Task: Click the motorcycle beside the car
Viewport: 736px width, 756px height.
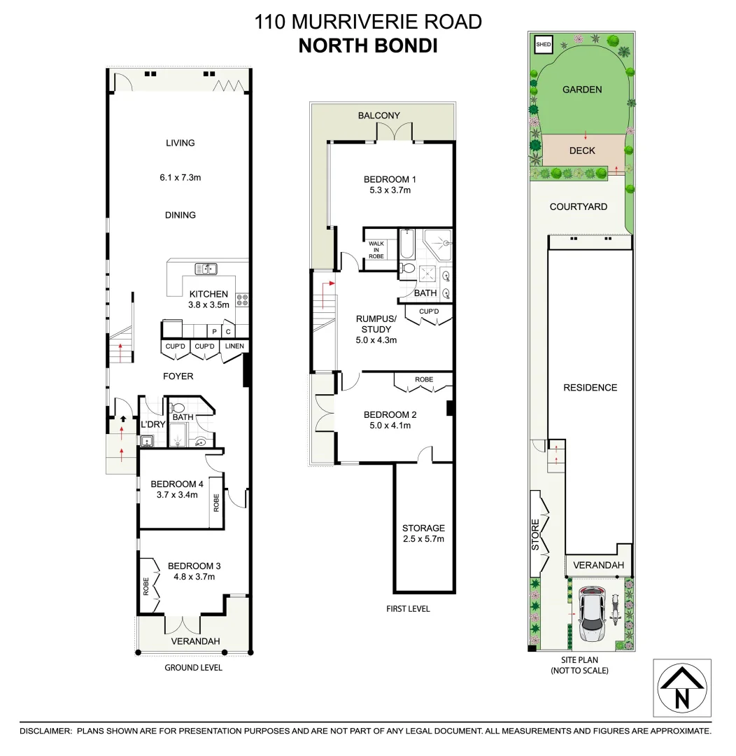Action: (616, 610)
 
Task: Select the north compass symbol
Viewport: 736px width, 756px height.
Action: (682, 688)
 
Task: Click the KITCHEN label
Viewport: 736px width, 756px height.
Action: (208, 294)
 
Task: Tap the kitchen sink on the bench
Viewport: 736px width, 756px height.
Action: (206, 267)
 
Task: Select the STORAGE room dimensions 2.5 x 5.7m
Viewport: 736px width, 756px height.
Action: (423, 539)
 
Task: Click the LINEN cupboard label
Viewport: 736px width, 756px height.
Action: (234, 346)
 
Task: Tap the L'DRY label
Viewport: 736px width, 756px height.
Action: (152, 425)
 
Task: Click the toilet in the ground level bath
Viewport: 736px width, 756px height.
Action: (178, 407)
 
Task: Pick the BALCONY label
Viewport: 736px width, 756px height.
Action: (378, 115)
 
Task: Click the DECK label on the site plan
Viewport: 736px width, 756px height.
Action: (582, 150)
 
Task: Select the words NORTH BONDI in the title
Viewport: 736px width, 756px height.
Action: (368, 46)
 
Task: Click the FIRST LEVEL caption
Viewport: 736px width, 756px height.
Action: (408, 609)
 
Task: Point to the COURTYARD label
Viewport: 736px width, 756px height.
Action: (578, 206)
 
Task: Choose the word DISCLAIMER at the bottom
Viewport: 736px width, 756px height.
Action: (45, 731)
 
